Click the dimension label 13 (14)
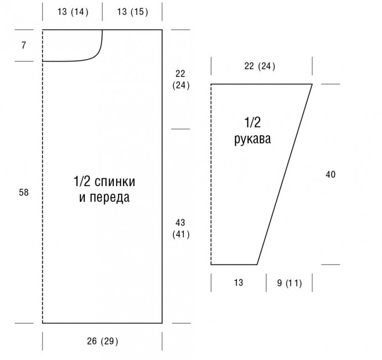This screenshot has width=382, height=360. (73, 12)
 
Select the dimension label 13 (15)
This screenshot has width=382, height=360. (132, 12)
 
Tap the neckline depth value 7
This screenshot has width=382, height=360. (23, 45)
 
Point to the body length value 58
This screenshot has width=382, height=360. (24, 192)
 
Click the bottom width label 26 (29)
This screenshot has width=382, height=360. (102, 341)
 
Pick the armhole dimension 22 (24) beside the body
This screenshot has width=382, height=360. (181, 79)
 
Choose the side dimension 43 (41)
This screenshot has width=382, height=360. (181, 228)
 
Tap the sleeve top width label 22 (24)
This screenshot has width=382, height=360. (260, 66)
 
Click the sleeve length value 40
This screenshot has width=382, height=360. (331, 174)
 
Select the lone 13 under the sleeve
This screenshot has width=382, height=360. (239, 282)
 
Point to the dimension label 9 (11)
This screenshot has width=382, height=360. (290, 283)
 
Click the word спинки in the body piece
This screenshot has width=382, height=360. (115, 182)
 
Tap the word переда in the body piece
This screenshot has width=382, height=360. (110, 197)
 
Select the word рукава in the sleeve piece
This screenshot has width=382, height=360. (252, 139)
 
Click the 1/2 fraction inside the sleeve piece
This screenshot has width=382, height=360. (252, 122)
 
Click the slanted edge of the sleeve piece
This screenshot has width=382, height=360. (285, 174)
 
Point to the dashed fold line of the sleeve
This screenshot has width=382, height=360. (211, 174)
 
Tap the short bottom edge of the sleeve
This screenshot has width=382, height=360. (234, 264)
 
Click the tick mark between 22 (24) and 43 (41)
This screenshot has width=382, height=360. (180, 129)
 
